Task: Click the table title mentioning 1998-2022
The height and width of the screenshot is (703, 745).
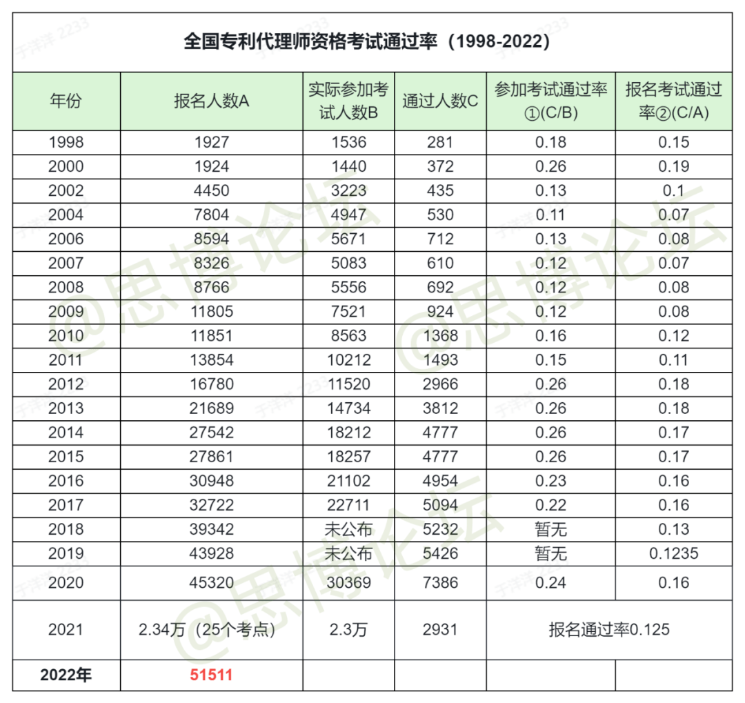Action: [x=367, y=41]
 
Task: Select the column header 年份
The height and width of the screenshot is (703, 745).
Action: [x=66, y=101]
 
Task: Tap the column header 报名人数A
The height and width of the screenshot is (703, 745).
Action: [x=212, y=101]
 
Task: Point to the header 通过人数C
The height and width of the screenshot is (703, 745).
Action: [x=440, y=101]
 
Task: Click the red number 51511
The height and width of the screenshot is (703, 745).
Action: [x=212, y=675]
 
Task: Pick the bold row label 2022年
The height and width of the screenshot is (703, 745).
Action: [x=66, y=675]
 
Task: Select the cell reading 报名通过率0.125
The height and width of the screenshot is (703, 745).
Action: [x=609, y=630]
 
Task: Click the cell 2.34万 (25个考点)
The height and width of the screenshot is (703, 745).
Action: [x=208, y=630]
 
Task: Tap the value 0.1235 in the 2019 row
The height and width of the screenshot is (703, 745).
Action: [x=674, y=553]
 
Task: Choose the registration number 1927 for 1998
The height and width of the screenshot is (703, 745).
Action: [x=212, y=142]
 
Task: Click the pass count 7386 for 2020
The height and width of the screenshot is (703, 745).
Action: [x=440, y=583]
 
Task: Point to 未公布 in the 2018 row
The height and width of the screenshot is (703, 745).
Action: [x=349, y=529]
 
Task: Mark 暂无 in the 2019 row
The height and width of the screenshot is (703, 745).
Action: [x=550, y=553]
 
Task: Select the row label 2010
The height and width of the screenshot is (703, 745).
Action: [x=66, y=335]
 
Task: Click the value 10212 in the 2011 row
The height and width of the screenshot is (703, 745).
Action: [x=349, y=360]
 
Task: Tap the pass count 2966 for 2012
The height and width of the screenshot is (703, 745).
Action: [x=440, y=384]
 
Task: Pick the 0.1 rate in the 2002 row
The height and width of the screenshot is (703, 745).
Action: [x=674, y=190]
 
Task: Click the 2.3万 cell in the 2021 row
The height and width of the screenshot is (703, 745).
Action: [x=349, y=630]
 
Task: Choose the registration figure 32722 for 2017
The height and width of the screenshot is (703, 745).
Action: [x=212, y=505]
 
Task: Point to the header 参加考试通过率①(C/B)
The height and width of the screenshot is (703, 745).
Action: [x=550, y=101]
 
